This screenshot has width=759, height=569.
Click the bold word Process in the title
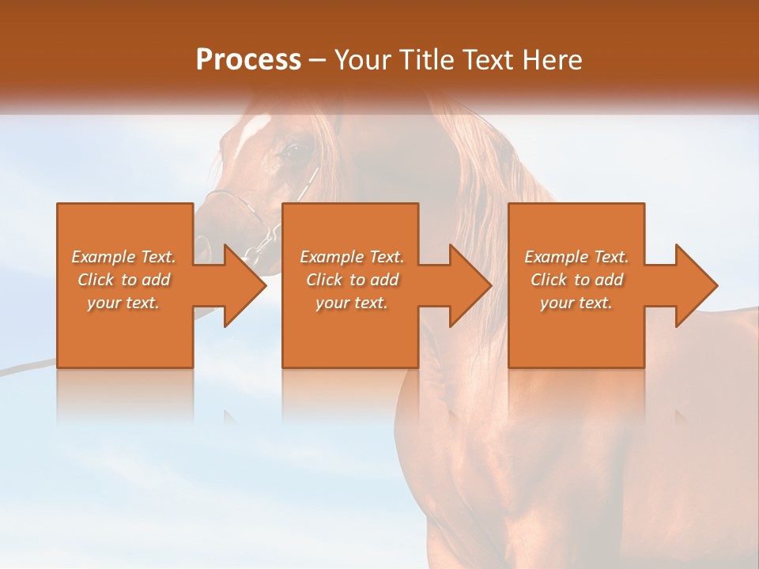pyautogui.click(x=248, y=60)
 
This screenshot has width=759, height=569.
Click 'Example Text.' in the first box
pyautogui.click(x=123, y=257)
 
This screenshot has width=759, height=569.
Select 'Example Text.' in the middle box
pyautogui.click(x=352, y=257)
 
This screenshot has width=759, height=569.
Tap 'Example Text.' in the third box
pyautogui.click(x=576, y=257)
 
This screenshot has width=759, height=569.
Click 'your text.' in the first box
pyautogui.click(x=123, y=303)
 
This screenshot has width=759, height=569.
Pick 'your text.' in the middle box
pyautogui.click(x=352, y=303)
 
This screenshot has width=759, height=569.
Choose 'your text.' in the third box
pyautogui.click(x=576, y=303)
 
